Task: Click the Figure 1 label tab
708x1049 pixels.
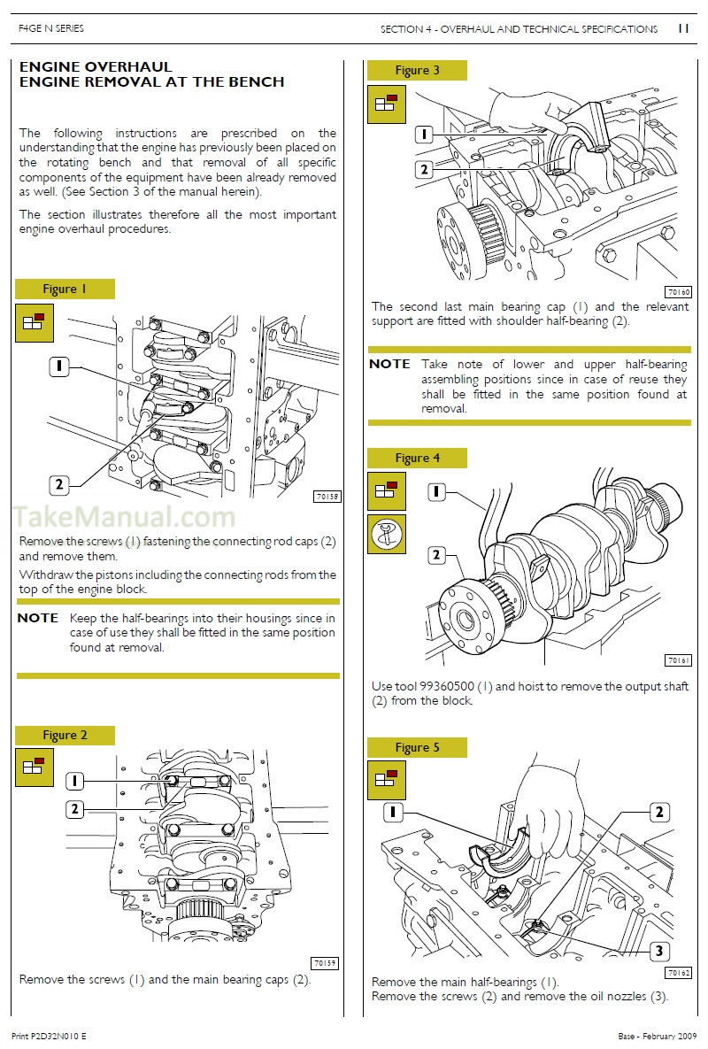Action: pyautogui.click(x=65, y=289)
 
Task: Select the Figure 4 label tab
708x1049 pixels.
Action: pyautogui.click(x=417, y=458)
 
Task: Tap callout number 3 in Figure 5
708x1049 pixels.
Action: pyautogui.click(x=658, y=952)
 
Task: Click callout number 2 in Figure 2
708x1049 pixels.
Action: pyautogui.click(x=76, y=808)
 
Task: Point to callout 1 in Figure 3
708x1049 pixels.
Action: pyautogui.click(x=424, y=134)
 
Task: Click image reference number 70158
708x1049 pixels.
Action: pyautogui.click(x=327, y=497)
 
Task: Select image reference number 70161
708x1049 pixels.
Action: pyautogui.click(x=677, y=660)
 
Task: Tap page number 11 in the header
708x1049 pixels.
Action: pyautogui.click(x=682, y=28)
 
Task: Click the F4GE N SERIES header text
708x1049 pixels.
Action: pyautogui.click(x=51, y=29)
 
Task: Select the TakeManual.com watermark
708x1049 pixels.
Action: pyautogui.click(x=124, y=517)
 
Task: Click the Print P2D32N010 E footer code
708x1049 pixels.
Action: pyautogui.click(x=50, y=1035)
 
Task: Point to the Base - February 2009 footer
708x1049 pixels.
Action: pyautogui.click(x=654, y=1035)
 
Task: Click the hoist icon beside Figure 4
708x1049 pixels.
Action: pyautogui.click(x=387, y=534)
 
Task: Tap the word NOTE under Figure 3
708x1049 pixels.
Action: pyautogui.click(x=389, y=364)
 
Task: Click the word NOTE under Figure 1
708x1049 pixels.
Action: pyautogui.click(x=38, y=618)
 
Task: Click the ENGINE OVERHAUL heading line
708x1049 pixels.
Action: pyautogui.click(x=96, y=67)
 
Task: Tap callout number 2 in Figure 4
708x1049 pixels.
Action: pyautogui.click(x=436, y=555)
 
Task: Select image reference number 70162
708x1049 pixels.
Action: pyautogui.click(x=677, y=972)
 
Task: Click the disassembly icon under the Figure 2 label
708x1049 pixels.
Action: pyautogui.click(x=35, y=767)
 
